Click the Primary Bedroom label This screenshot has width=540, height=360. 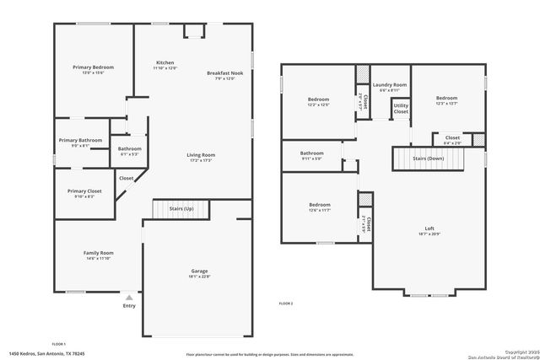[x=93, y=67]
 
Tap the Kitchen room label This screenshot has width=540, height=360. [x=165, y=63]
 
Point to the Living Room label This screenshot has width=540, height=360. [x=201, y=155]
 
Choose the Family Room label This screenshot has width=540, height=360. [x=98, y=253]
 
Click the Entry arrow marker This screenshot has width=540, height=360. [x=129, y=298]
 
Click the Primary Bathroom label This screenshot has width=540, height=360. [x=80, y=140]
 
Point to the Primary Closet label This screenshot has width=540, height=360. [x=84, y=191]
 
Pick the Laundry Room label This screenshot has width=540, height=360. [x=390, y=85]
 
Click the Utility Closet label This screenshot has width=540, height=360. [x=401, y=108]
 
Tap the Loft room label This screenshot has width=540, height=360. [x=429, y=228]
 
